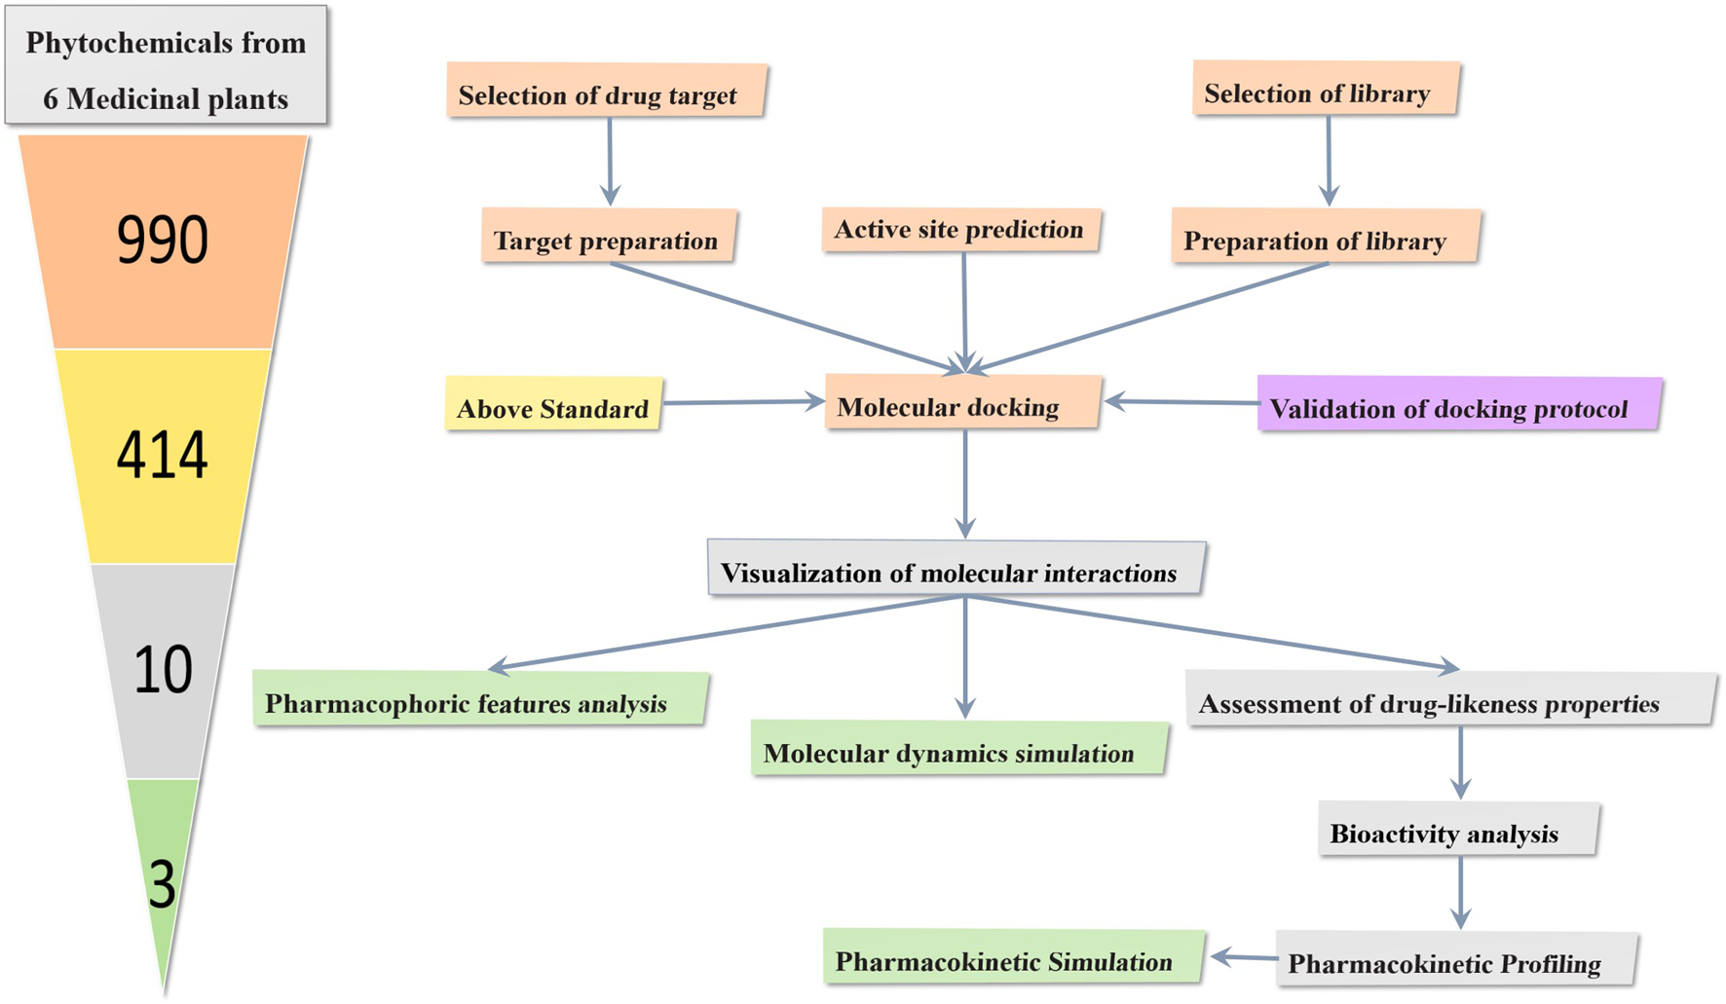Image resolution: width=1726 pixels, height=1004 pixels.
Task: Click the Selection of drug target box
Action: click(x=606, y=92)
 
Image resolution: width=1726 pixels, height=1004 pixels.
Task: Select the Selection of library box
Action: click(x=1325, y=90)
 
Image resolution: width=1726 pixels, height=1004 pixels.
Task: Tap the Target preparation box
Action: click(x=608, y=237)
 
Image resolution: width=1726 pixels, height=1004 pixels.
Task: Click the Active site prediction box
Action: click(x=960, y=230)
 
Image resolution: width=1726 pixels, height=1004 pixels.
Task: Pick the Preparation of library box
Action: click(x=1325, y=237)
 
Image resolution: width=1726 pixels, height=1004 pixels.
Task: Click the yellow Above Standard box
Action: click(x=553, y=404)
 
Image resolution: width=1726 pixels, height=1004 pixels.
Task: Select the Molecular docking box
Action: click(x=962, y=402)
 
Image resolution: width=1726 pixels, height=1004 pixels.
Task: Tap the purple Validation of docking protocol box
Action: click(x=1458, y=404)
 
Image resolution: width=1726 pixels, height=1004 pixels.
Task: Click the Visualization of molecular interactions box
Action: click(x=956, y=569)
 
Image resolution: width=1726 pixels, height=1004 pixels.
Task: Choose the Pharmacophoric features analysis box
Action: click(x=479, y=699)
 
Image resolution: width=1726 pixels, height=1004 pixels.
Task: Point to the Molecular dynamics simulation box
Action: click(x=958, y=749)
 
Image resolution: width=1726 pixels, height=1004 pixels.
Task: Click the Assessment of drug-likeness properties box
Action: click(x=1449, y=699)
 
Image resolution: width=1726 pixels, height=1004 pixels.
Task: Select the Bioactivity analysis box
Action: click(x=1457, y=830)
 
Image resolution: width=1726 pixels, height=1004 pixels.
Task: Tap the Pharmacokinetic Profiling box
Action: click(x=1455, y=960)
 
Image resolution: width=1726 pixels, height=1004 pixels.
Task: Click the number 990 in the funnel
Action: click(x=163, y=241)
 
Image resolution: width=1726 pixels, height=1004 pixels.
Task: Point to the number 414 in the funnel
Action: click(x=163, y=455)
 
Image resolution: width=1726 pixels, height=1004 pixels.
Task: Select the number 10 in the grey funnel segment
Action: click(x=163, y=670)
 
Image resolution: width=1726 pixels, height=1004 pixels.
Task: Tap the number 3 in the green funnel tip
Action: click(x=162, y=884)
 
